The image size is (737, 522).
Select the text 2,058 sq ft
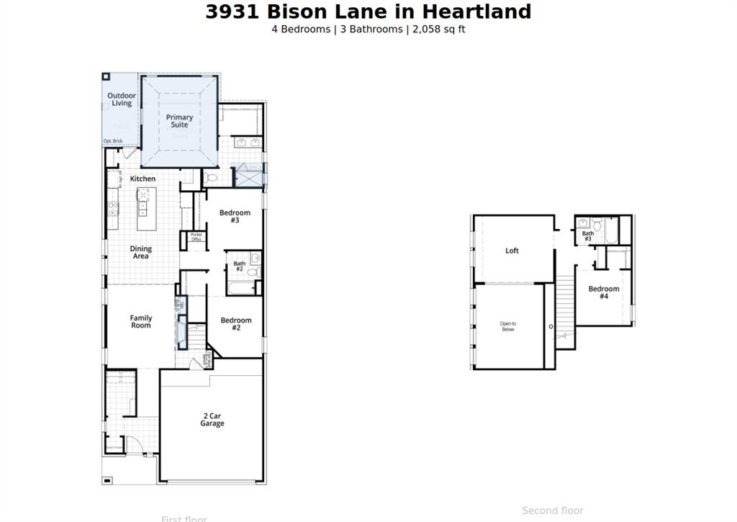tap(439, 30)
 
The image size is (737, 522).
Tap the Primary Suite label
tap(179, 121)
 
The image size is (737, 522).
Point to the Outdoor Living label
tap(122, 99)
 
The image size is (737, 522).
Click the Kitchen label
tap(143, 179)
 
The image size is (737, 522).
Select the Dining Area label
tap(141, 253)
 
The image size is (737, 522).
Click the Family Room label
tap(141, 322)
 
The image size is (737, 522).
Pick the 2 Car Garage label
tap(212, 420)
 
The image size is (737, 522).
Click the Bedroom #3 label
tap(235, 216)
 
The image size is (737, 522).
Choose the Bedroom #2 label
tap(236, 324)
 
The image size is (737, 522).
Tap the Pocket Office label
tap(196, 237)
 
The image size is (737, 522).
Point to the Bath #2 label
tap(239, 266)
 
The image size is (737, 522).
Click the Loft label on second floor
tap(512, 251)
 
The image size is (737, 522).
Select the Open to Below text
tap(508, 326)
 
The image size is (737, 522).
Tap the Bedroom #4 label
tap(603, 292)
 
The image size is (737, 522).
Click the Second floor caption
tap(553, 510)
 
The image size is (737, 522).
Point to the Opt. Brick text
tap(112, 141)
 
